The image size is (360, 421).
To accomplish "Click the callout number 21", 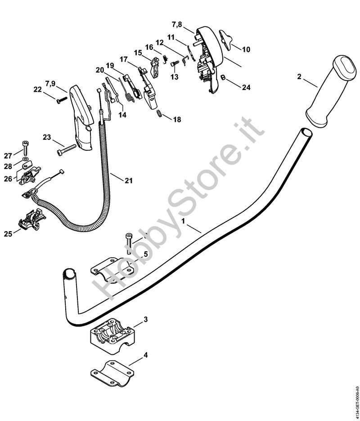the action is click(x=129, y=181).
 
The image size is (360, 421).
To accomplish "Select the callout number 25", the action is click(x=8, y=234).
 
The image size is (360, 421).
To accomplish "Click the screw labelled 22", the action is click(x=62, y=100).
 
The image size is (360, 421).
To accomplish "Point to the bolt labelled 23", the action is click(x=66, y=149).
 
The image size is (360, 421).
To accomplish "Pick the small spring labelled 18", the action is click(x=160, y=113).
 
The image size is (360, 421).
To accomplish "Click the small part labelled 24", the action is click(x=222, y=77).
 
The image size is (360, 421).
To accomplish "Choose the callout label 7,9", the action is click(x=50, y=84).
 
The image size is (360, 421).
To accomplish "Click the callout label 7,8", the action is click(x=177, y=25).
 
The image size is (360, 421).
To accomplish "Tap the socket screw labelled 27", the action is click(x=25, y=148).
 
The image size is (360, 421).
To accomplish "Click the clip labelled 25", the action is click(x=32, y=219).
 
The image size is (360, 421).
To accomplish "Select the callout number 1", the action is click(x=184, y=221).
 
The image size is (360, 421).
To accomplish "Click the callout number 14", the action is click(x=122, y=115).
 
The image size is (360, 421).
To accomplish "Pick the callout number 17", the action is click(x=124, y=59).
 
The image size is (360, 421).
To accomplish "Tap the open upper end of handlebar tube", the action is click(x=306, y=132).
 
